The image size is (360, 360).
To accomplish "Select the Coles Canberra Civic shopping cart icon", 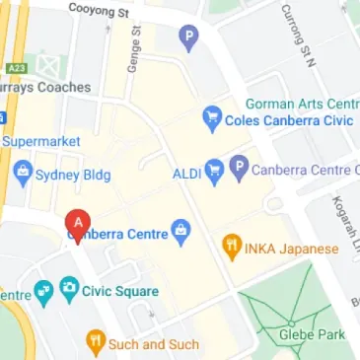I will pos(211,120).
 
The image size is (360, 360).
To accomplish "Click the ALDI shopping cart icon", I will pos(214,170).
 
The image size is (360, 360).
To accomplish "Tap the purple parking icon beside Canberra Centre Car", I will pos(238,169).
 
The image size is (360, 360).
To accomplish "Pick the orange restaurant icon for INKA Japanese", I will pos(232,248).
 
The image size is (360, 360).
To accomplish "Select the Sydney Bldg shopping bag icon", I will pos(23,176).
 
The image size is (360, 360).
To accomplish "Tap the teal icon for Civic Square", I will pos(69,291).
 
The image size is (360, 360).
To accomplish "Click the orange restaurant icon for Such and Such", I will pos(96,344).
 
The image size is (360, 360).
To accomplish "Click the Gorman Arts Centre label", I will pos(301,104).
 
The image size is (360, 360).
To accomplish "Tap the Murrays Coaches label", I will pos(44,87).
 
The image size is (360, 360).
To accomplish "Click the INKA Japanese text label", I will pos(293,249).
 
